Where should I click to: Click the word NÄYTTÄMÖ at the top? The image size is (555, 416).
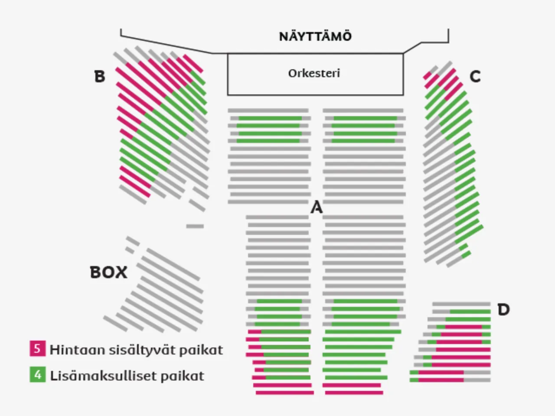315,36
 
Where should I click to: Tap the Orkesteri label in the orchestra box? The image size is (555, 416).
314,73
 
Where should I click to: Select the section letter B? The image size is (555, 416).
100,77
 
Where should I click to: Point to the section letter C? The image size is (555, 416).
475,77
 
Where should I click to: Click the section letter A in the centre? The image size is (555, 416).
317,208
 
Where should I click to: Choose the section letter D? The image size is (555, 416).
503,310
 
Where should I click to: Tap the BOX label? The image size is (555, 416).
109,273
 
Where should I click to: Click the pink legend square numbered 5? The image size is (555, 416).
37,348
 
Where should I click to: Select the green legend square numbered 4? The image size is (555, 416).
37,374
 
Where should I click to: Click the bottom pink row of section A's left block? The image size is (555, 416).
284,393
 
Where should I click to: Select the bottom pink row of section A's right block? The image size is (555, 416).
354,393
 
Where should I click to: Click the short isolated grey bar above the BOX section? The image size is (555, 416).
195,226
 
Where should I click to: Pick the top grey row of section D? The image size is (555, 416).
461,304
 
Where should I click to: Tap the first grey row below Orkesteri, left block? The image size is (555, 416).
268,111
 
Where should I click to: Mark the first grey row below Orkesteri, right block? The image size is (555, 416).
363,111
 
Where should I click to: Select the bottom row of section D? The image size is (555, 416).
450,380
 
